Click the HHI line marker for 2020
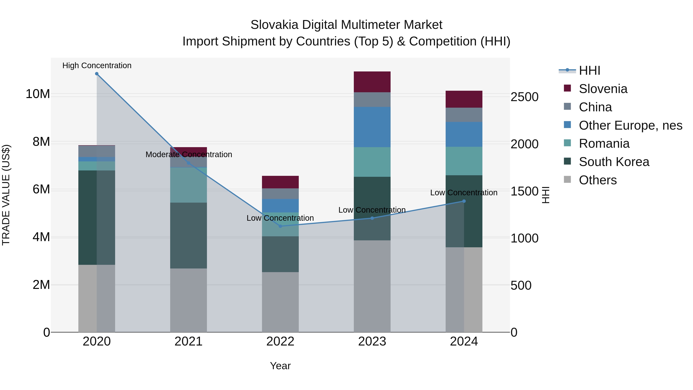(97, 74)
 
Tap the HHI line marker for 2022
(280, 226)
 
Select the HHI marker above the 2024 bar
(464, 201)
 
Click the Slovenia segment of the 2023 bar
(372, 82)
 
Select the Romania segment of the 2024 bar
(464, 161)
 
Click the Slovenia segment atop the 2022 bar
(280, 182)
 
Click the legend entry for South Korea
(614, 162)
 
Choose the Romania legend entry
(604, 143)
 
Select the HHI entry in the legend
(589, 70)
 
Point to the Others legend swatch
(567, 179)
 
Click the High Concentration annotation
(97, 65)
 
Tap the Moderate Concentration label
(189, 154)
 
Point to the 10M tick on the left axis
(38, 94)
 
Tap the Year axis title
(280, 366)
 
